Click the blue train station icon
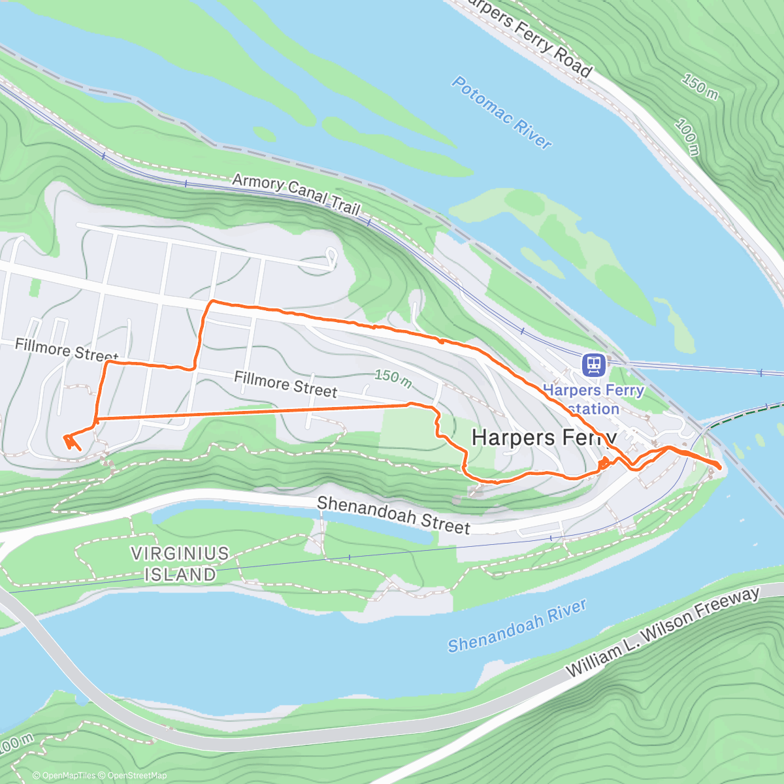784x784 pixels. tap(593, 365)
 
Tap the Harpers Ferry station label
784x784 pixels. tap(593, 399)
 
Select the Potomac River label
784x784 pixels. tap(501, 112)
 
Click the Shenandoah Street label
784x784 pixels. tap(393, 515)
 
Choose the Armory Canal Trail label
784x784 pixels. tap(296, 193)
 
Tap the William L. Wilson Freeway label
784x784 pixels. tap(662, 632)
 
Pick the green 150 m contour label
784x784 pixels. tap(393, 377)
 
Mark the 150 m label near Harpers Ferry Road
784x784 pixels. tap(700, 87)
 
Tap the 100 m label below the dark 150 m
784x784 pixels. tap(687, 138)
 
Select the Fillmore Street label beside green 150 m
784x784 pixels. tap(286, 384)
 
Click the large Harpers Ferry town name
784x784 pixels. tap(544, 438)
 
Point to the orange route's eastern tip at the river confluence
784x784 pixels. tap(719, 466)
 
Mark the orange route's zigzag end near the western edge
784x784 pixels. tap(71, 442)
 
